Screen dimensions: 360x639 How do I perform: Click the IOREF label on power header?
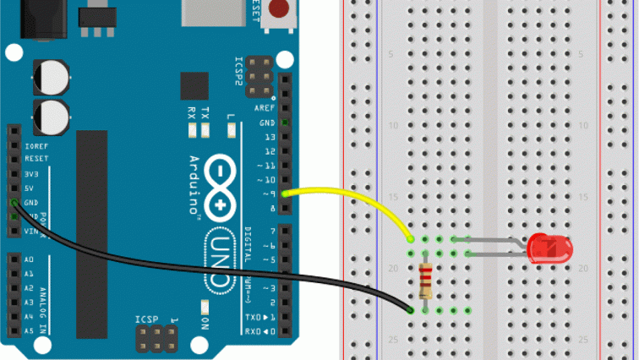click(x=35, y=145)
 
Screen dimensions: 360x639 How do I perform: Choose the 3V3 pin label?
click(x=30, y=173)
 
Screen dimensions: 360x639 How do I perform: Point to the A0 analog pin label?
click(x=28, y=259)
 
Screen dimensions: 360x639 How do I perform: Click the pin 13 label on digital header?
click(x=270, y=137)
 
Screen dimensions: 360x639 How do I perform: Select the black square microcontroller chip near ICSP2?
click(x=194, y=86)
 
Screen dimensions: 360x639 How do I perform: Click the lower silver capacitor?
click(x=50, y=115)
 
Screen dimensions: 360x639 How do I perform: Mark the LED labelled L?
click(x=231, y=130)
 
